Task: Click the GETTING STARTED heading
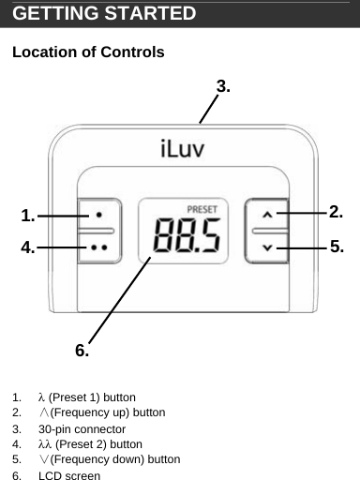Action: coord(104,14)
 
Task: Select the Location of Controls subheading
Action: coord(88,52)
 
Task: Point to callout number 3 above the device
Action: coord(223,86)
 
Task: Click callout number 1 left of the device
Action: coord(28,216)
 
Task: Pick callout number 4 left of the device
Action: coord(28,247)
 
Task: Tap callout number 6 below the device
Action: coord(82,351)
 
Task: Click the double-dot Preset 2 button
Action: coord(97,247)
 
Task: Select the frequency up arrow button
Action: coord(267,215)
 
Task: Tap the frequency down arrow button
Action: coord(267,247)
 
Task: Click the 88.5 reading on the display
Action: coord(188,237)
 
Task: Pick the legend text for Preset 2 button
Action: coord(90,444)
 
